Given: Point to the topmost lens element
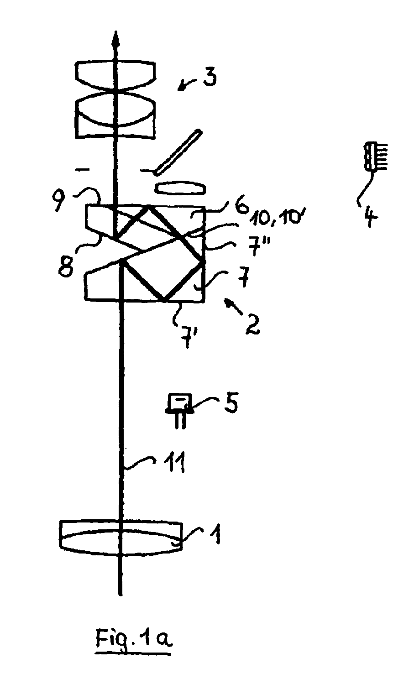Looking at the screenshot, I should [x=117, y=75].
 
